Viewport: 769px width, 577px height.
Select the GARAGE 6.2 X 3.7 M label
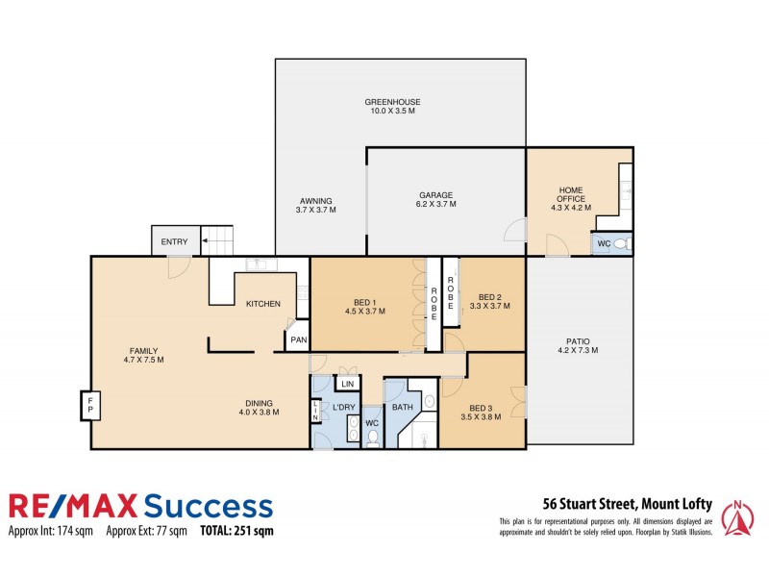tap(435, 199)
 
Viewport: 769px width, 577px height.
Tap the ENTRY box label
tap(175, 241)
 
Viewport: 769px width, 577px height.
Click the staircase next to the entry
tap(219, 240)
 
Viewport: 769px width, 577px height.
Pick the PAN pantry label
tap(298, 339)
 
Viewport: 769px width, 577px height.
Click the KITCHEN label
tap(262, 304)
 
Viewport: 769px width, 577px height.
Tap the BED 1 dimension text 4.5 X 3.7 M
tap(364, 311)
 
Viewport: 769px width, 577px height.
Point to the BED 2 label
tap(490, 296)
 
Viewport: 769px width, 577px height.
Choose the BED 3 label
tap(482, 411)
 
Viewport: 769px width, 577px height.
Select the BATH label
tap(402, 407)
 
